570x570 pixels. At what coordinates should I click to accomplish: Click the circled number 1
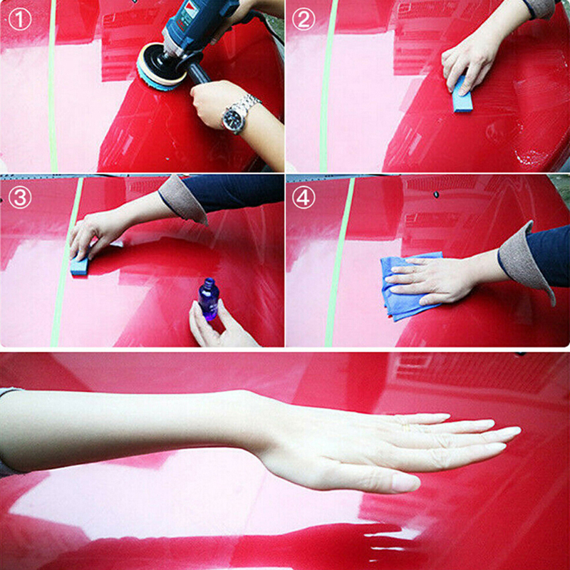tap(20, 20)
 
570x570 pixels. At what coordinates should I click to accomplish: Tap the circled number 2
tap(304, 20)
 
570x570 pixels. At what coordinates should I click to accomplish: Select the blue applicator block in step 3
tap(80, 265)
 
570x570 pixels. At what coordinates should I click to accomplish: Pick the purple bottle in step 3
tap(208, 299)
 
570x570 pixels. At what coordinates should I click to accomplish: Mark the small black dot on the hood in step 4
tap(436, 195)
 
